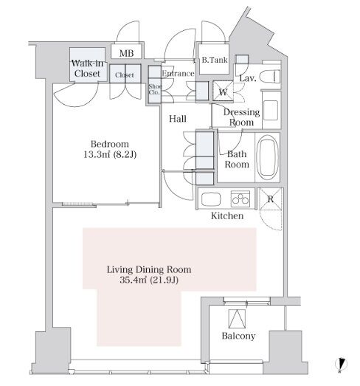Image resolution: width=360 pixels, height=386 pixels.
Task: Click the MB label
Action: click(126, 53)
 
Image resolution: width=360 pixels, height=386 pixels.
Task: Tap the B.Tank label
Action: click(215, 60)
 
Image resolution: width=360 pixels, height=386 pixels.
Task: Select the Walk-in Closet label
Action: click(87, 69)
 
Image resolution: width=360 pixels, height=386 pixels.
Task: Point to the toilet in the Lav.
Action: click(270, 77)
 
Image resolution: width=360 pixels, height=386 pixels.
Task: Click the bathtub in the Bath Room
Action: click(268, 157)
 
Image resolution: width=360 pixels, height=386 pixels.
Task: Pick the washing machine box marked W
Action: click(223, 91)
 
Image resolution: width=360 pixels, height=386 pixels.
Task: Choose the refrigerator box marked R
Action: click(270, 199)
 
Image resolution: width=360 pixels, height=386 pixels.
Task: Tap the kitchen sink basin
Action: click(211, 199)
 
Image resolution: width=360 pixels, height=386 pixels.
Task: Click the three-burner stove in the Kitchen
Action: click(240, 199)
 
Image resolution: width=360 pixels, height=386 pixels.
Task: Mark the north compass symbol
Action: click(341, 364)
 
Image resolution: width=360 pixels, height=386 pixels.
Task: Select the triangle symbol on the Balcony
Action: click(238, 319)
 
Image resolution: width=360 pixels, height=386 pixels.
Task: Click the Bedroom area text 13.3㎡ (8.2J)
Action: click(110, 154)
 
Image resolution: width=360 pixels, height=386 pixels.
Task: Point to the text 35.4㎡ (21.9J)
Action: click(149, 280)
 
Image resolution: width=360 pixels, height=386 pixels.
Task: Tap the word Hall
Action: click(177, 119)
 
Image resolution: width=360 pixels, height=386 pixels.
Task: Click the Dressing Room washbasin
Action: click(271, 110)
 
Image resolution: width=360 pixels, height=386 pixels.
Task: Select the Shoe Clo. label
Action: click(155, 89)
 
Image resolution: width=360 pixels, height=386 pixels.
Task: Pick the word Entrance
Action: click(178, 73)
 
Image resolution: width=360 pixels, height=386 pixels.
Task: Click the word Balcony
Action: click(238, 336)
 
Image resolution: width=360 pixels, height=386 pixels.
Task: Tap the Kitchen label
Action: click(227, 216)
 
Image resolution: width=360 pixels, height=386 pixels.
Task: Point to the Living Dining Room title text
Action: click(149, 269)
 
